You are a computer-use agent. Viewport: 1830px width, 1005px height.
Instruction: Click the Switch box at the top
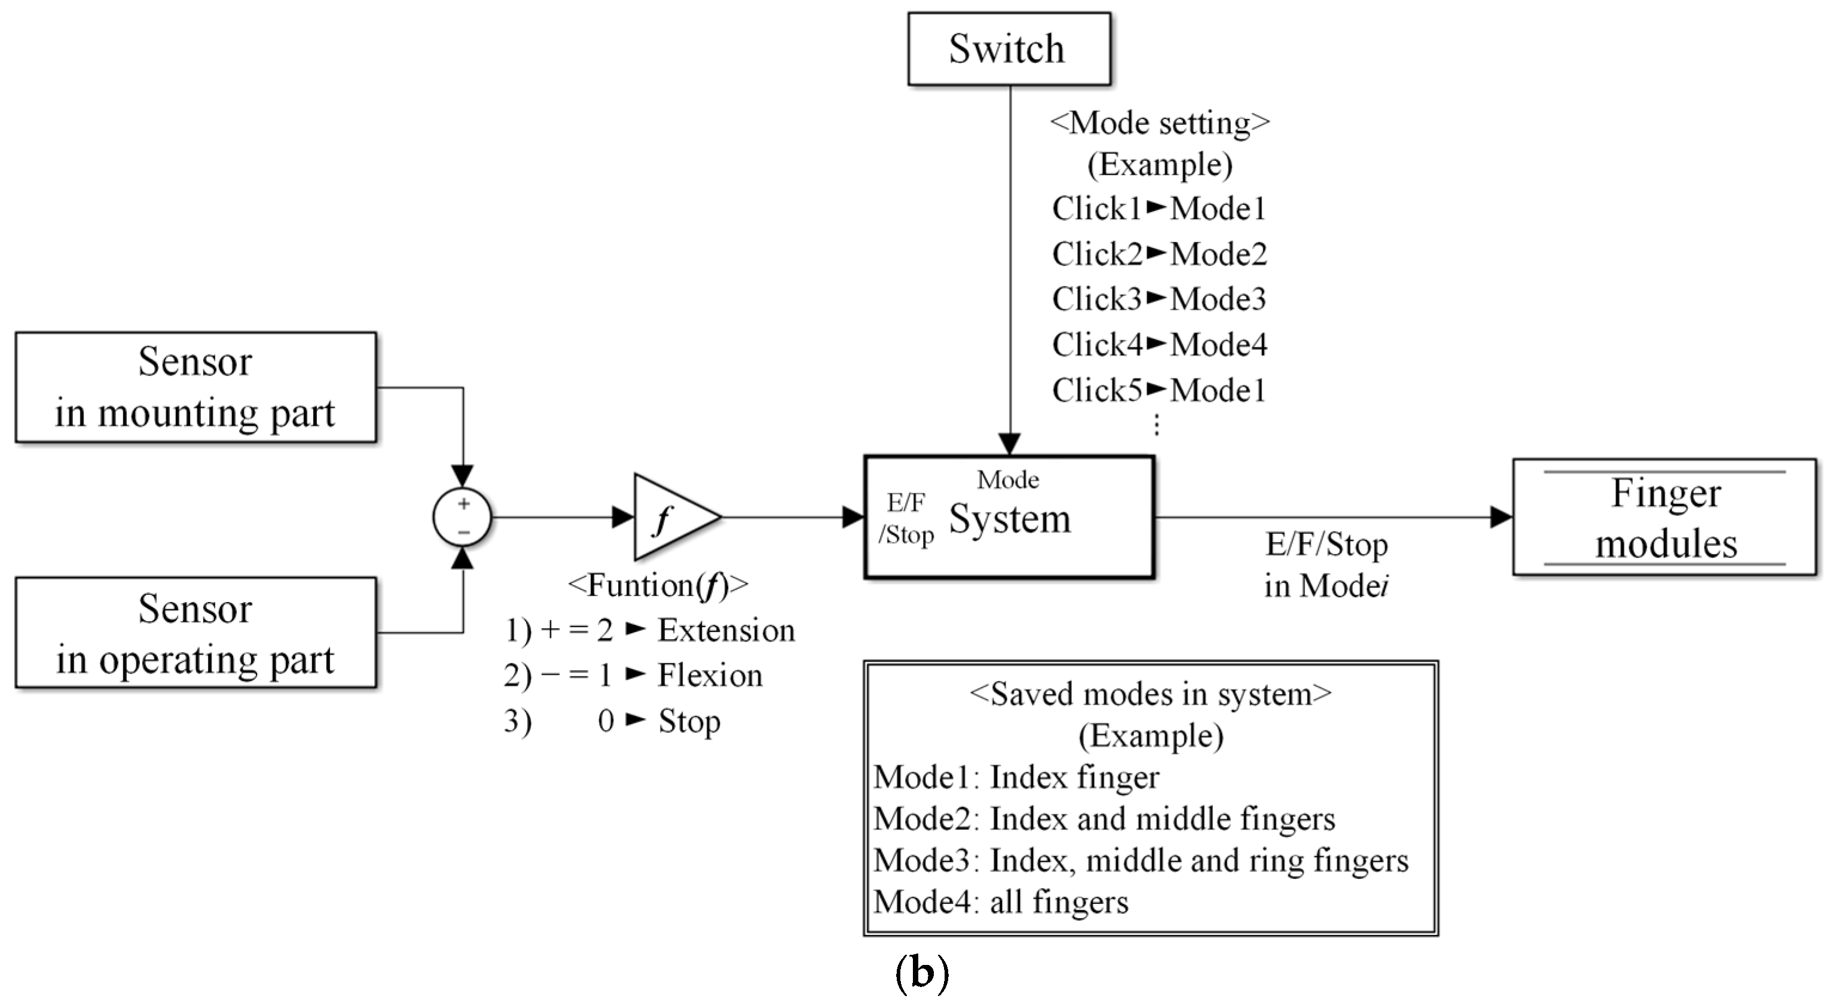tap(1009, 49)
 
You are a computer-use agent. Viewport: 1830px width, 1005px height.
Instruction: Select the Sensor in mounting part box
tap(195, 387)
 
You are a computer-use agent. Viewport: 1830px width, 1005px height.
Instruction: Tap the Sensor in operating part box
tap(195, 633)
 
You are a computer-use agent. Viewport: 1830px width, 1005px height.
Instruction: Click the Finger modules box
tap(1664, 518)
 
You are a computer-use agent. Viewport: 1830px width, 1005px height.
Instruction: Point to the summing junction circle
tap(463, 517)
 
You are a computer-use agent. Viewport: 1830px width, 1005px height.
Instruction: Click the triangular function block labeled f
tap(671, 517)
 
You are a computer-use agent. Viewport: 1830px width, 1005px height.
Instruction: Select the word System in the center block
tap(1010, 518)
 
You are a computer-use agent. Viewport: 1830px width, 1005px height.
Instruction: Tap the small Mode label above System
tap(1007, 480)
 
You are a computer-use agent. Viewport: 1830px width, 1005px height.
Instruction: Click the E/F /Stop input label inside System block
tap(906, 518)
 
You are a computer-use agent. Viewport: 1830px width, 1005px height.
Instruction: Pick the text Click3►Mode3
tap(1159, 299)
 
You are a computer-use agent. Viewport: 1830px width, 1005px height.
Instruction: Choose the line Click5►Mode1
tap(1159, 390)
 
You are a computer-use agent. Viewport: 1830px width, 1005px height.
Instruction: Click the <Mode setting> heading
tap(1159, 123)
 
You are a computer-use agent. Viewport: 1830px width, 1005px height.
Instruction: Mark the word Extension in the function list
tap(725, 630)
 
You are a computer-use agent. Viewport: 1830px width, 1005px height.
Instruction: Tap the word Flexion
tap(710, 675)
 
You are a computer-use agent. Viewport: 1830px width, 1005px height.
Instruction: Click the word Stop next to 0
tap(689, 721)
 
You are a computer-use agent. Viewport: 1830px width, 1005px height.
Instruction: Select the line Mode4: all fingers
tap(1000, 902)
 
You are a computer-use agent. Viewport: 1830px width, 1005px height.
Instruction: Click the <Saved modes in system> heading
tap(1150, 694)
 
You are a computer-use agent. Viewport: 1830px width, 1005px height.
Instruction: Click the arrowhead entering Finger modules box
tap(1501, 517)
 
